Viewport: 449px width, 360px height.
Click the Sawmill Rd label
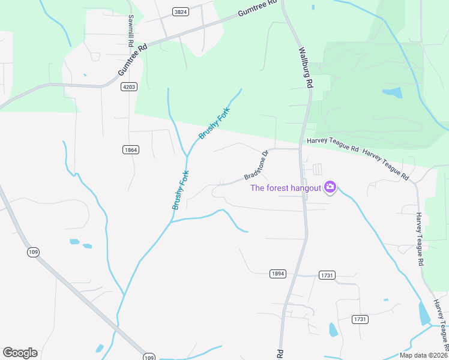tap(129, 30)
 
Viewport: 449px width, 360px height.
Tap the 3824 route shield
tap(179, 11)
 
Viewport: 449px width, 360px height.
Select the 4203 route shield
tap(129, 87)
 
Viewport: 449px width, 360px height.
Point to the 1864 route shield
tap(130, 149)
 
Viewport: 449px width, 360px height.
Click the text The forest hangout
tap(285, 188)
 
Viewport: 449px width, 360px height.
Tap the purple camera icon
tap(330, 188)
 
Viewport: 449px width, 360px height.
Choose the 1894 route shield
tap(277, 274)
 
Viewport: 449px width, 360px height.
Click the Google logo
tap(20, 353)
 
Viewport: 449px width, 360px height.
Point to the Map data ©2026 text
tap(424, 355)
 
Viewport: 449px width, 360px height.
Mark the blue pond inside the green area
tap(393, 93)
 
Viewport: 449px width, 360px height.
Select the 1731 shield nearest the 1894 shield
tap(327, 275)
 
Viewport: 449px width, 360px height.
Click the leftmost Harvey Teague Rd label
tap(333, 145)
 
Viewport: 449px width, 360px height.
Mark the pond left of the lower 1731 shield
tap(333, 329)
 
